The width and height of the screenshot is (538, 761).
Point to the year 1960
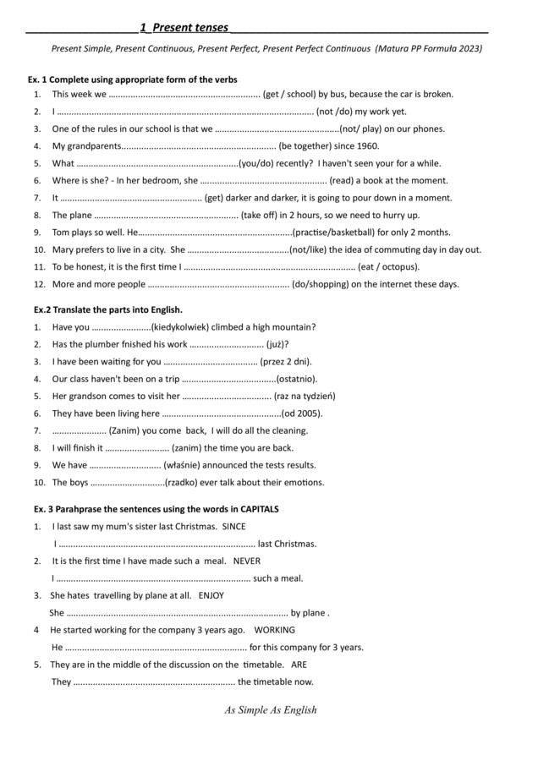pyautogui.click(x=366, y=145)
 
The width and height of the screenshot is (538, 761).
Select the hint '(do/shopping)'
pyautogui.click(x=330, y=284)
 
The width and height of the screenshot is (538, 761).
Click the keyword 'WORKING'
pyautogui.click(x=274, y=630)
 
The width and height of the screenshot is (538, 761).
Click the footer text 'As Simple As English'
pyautogui.click(x=271, y=709)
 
